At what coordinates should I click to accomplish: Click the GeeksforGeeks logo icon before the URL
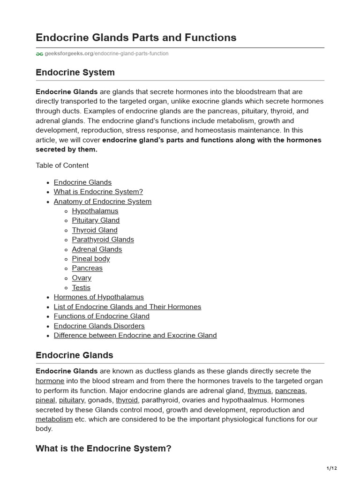(x=39, y=54)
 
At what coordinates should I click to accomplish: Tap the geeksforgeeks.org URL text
(x=106, y=54)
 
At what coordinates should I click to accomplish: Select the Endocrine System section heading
(x=75, y=73)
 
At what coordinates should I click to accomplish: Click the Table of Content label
(x=62, y=165)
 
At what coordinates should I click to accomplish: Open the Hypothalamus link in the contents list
(x=95, y=211)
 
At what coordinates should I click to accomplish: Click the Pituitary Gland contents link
(x=96, y=220)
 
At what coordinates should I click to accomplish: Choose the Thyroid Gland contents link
(x=95, y=230)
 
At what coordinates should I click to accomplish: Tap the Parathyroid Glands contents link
(x=103, y=240)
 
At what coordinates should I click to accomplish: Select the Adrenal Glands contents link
(x=97, y=249)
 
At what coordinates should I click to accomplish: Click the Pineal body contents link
(x=91, y=259)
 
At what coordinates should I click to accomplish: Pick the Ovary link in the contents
(x=82, y=278)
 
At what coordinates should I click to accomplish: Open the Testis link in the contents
(x=81, y=288)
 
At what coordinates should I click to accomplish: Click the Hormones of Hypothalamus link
(x=99, y=297)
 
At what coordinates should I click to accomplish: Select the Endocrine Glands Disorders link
(x=99, y=326)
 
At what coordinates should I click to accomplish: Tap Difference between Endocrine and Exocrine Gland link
(x=135, y=336)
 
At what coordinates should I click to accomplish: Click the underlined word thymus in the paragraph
(x=259, y=390)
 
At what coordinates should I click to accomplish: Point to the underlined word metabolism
(x=54, y=419)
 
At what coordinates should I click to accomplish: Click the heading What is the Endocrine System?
(x=104, y=449)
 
